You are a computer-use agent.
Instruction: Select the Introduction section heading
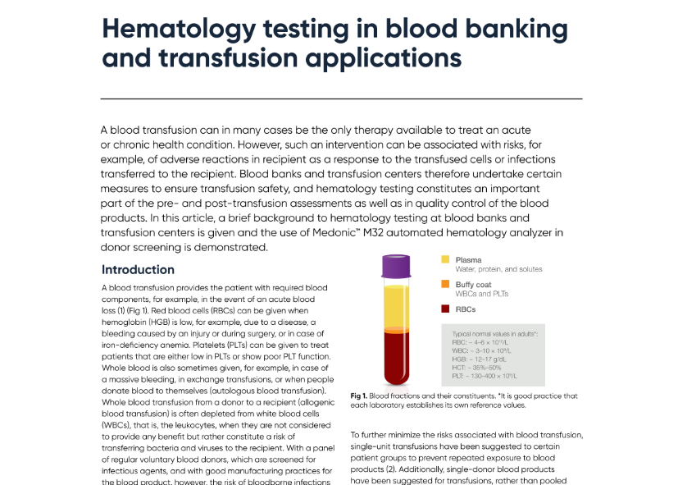coord(138,270)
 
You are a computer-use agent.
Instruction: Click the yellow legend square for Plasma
coord(445,260)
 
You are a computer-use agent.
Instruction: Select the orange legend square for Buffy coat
coord(445,284)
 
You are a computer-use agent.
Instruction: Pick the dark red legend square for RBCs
coord(445,309)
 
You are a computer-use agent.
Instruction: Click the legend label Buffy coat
coord(474,284)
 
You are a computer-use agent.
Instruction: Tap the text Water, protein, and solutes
coord(498,269)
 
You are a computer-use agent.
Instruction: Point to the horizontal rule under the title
coord(341,98)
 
